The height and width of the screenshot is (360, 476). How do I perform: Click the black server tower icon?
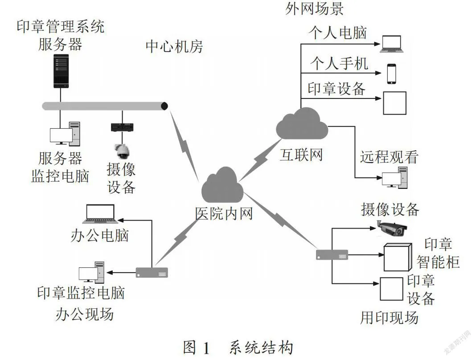click(x=61, y=71)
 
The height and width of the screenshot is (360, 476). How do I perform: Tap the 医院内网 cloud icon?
click(x=223, y=185)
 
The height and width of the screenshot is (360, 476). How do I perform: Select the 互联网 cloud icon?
click(x=302, y=124)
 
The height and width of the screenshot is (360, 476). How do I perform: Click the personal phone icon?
click(x=392, y=74)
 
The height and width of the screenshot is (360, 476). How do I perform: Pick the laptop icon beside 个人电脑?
click(x=392, y=44)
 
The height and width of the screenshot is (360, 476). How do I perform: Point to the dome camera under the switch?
click(x=122, y=151)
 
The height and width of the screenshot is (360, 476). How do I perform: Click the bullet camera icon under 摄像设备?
click(x=392, y=228)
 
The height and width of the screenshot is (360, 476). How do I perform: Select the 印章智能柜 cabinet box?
click(x=398, y=257)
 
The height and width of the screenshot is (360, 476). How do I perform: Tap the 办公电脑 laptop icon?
click(x=100, y=214)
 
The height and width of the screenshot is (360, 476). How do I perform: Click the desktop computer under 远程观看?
click(x=394, y=178)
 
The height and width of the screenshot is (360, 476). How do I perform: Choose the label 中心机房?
click(x=174, y=46)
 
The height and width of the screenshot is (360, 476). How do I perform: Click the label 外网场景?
click(x=315, y=8)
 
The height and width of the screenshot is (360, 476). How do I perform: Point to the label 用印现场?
click(x=390, y=318)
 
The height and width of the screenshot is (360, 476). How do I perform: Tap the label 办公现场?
click(x=85, y=314)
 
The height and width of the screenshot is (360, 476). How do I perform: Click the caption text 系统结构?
click(x=261, y=348)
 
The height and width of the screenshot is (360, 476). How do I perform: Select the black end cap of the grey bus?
click(x=164, y=106)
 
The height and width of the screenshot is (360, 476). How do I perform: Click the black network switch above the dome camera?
click(x=122, y=127)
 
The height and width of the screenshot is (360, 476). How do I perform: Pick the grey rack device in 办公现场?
click(x=152, y=273)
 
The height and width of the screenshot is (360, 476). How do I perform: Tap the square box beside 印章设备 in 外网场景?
click(x=394, y=103)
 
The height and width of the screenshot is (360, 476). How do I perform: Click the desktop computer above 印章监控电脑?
click(x=92, y=272)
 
